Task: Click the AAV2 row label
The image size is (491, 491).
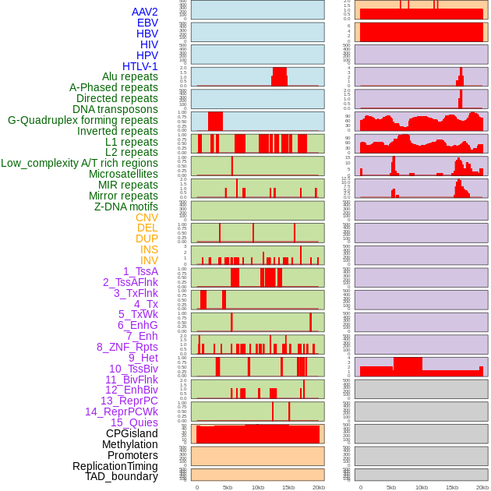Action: point(145,12)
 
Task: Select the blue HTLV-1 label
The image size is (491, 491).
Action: point(140,66)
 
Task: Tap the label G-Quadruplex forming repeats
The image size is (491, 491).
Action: point(83,121)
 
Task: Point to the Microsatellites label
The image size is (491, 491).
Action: point(123,174)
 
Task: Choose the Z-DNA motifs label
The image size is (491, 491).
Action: point(126,207)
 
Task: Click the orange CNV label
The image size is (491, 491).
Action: point(147,217)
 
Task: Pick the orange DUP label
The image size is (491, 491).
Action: point(147,238)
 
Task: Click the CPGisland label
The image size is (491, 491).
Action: point(132,433)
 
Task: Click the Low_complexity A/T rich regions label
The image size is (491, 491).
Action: point(79,163)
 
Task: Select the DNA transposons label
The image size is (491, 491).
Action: point(115,109)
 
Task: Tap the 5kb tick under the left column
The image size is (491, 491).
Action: point(228,487)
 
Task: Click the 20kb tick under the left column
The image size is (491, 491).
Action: point(319,487)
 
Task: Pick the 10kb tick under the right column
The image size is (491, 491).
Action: point(422,487)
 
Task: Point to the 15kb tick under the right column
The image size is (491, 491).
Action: point(452,487)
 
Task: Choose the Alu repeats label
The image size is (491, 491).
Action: point(130,76)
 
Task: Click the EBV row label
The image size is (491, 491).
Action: point(147,23)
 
